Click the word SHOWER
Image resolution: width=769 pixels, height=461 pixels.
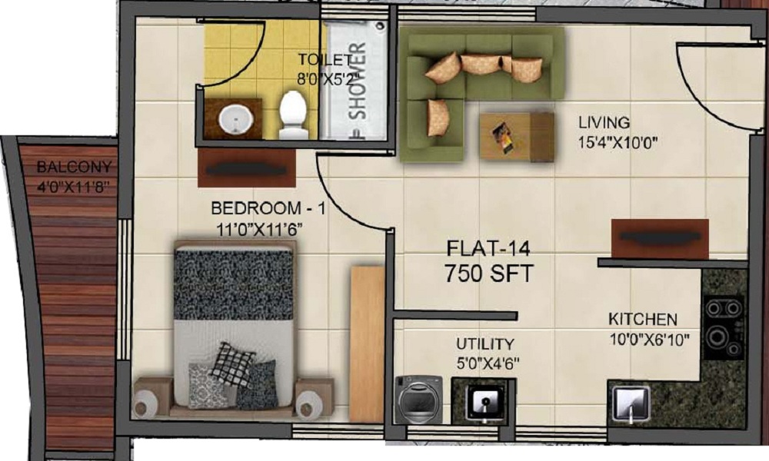tap(358, 85)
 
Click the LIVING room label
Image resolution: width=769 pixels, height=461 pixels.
tap(604, 122)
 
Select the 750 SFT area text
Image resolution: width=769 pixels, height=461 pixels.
tap(489, 272)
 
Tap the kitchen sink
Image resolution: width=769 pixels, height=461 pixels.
tap(631, 402)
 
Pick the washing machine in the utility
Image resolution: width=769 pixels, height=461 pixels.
tap(418, 399)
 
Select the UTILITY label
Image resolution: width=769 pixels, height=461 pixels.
tap(484, 343)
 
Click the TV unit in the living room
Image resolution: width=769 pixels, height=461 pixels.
tap(660, 239)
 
